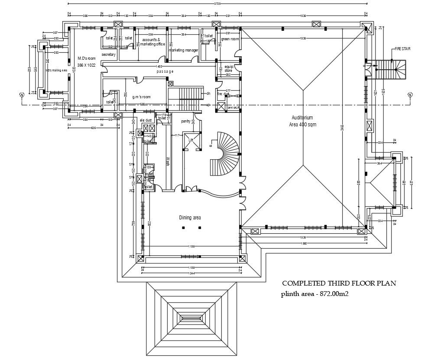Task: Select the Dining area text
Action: pos(190,217)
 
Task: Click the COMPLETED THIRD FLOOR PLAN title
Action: pos(339,284)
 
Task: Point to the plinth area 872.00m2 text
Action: pos(315,294)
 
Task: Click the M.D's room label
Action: pos(86,58)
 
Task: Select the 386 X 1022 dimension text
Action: pos(86,65)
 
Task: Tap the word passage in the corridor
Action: pos(165,71)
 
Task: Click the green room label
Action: pos(230,39)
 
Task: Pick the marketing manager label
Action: pos(183,50)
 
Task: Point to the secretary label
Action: pos(108,55)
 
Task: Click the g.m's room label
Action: pos(142,97)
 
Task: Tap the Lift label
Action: pos(191,140)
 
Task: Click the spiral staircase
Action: pos(225,153)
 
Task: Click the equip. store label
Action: pos(228,69)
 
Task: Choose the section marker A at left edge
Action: pos(21,95)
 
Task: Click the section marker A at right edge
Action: pos(409,95)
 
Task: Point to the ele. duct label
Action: pos(145,120)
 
